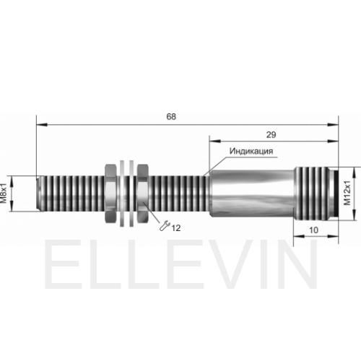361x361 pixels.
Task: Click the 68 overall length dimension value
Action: click(x=171, y=117)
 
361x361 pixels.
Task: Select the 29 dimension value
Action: click(x=271, y=135)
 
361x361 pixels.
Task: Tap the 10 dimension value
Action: click(x=313, y=230)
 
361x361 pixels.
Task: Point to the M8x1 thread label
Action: click(x=4, y=193)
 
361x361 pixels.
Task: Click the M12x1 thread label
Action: click(x=347, y=193)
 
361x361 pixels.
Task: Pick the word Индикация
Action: click(x=251, y=151)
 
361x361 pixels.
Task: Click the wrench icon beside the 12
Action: click(x=165, y=226)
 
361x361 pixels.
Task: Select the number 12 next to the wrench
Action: click(x=176, y=228)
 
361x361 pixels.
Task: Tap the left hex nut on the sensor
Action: click(x=111, y=193)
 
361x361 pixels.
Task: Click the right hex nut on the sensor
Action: click(x=143, y=193)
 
